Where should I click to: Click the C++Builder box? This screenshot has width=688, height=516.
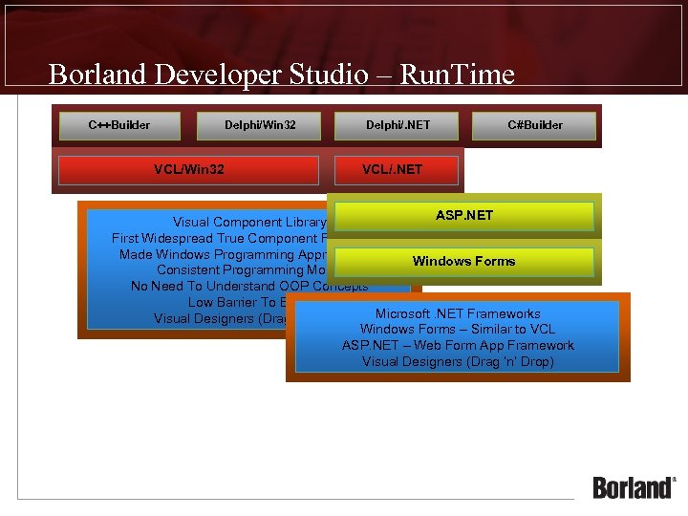[x=119, y=125]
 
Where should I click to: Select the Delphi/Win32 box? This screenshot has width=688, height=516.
[x=260, y=125]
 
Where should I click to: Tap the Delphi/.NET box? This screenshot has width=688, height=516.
[x=397, y=125]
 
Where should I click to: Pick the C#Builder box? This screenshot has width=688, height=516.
[x=535, y=125]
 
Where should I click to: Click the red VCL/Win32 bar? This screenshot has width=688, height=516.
[x=188, y=170]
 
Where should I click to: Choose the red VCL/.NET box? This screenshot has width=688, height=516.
[x=396, y=170]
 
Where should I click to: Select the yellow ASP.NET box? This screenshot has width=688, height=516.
[x=464, y=216]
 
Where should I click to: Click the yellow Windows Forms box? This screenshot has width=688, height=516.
[x=464, y=261]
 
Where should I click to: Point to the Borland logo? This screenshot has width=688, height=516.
[x=633, y=487]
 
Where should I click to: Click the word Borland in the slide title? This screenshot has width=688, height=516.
[x=97, y=75]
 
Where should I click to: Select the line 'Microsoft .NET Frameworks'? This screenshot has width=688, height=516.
[x=458, y=313]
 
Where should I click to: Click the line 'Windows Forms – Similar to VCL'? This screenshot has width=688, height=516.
[x=458, y=330]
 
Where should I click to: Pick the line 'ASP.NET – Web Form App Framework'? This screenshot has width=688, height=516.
[x=458, y=346]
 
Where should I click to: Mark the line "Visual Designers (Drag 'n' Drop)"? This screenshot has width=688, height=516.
[x=458, y=362]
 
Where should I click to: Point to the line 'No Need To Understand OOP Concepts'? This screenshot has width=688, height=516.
[x=248, y=287]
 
